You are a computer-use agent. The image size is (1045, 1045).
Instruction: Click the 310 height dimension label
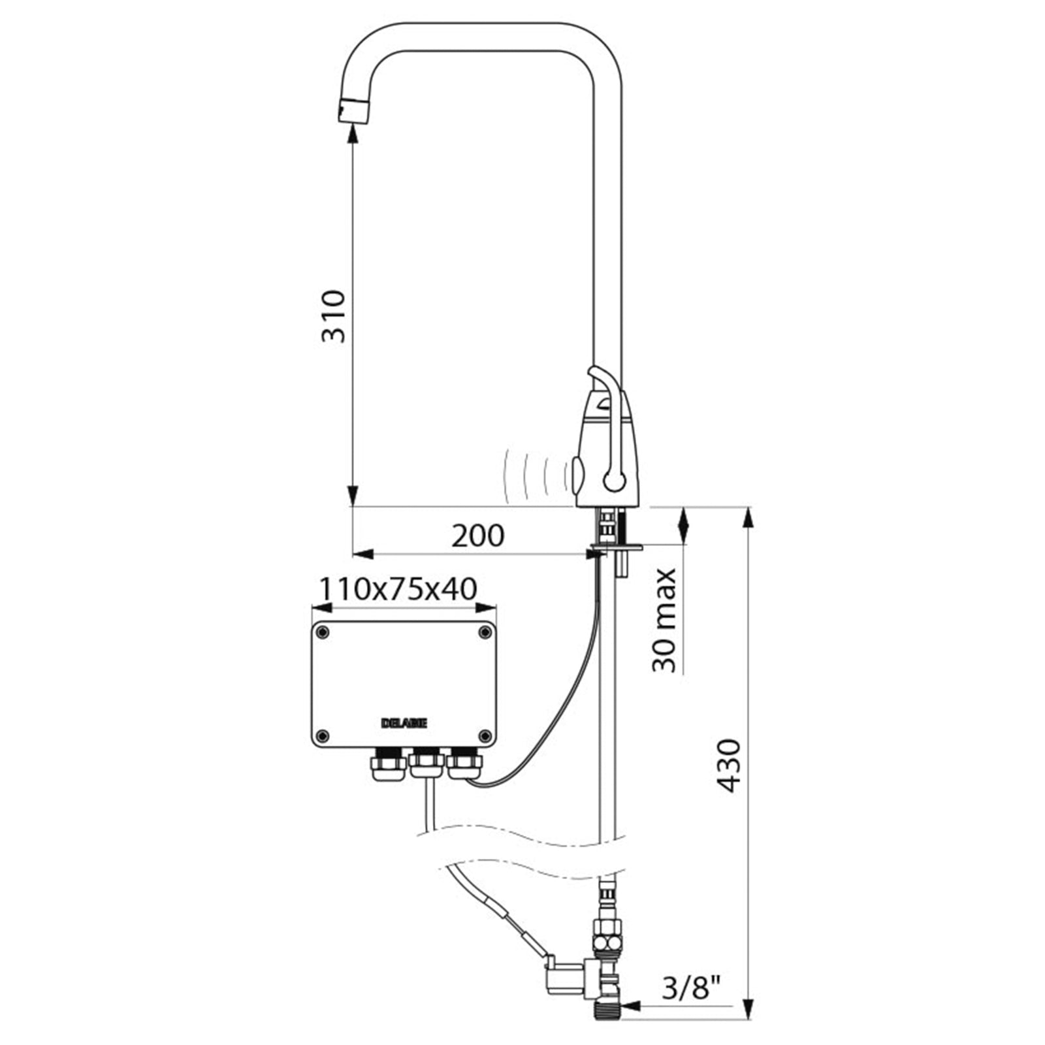click(332, 316)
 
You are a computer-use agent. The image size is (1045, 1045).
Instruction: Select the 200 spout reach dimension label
click(478, 536)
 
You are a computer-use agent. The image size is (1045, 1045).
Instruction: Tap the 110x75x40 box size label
click(397, 589)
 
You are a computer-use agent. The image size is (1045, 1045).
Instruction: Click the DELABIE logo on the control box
click(404, 724)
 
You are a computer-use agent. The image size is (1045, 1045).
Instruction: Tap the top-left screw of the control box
click(322, 632)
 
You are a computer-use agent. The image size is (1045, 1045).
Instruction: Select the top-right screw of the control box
click(485, 632)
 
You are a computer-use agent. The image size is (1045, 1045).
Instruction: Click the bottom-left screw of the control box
click(322, 736)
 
